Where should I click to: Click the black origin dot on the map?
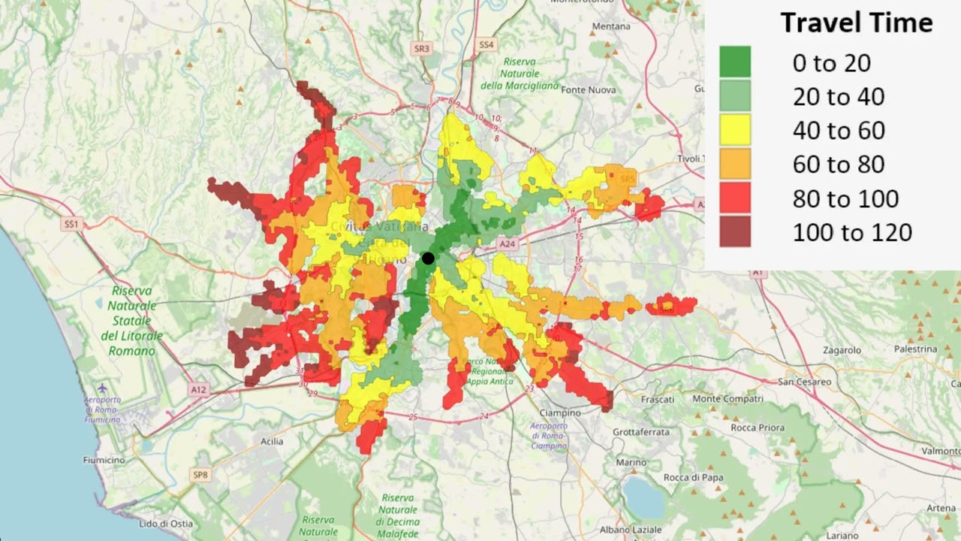click(428, 258)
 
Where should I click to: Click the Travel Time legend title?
click(856, 23)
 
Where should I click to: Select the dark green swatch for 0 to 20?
click(735, 62)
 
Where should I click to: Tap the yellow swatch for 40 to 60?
click(735, 130)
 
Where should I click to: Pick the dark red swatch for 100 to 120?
click(735, 231)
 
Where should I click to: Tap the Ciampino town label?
click(561, 413)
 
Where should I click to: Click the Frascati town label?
click(657, 400)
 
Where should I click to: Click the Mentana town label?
click(611, 26)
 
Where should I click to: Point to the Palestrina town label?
click(915, 349)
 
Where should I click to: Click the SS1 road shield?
click(71, 225)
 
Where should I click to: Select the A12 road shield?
click(198, 390)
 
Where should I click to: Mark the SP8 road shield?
click(200, 475)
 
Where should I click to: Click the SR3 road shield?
click(422, 49)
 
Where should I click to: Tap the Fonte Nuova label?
click(588, 90)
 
